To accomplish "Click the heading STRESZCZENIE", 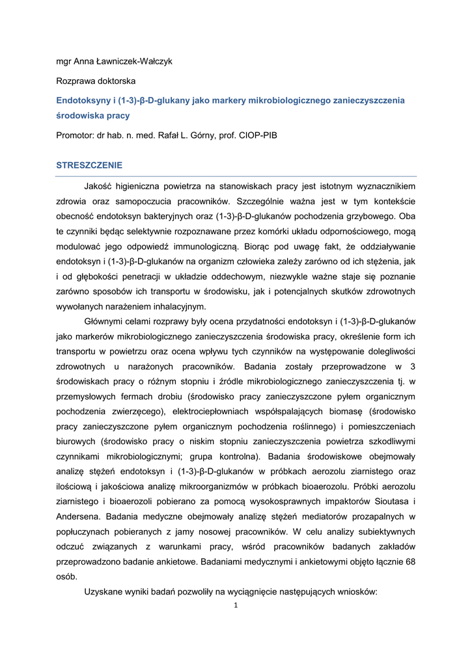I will (x=89, y=166).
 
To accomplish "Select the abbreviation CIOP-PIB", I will (x=259, y=136).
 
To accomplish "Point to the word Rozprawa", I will (x=75, y=81).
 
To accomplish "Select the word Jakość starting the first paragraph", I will (x=102, y=187).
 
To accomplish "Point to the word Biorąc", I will (x=258, y=247).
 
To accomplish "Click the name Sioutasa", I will (x=385, y=501).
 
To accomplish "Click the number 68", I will (x=410, y=561).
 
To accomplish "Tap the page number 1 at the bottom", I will (x=236, y=606).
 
